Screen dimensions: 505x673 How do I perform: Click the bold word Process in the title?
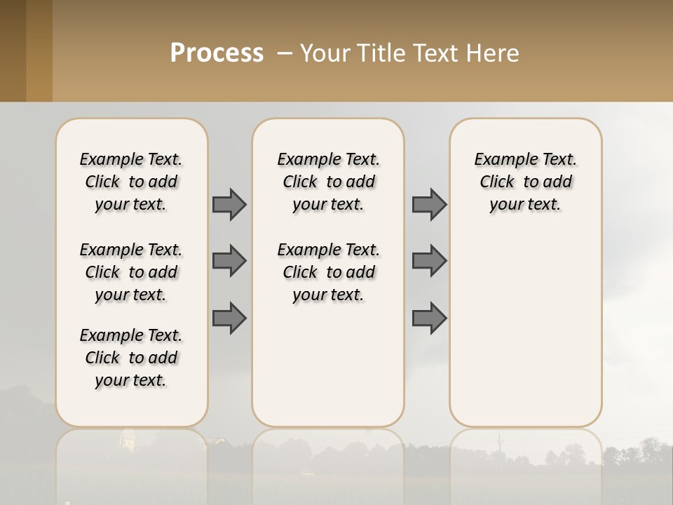click(x=217, y=53)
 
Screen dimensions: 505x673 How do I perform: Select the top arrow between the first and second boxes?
click(x=229, y=204)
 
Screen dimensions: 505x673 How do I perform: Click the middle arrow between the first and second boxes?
click(x=229, y=261)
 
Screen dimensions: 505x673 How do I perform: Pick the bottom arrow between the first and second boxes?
click(x=229, y=318)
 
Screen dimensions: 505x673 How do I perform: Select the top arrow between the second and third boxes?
click(x=429, y=204)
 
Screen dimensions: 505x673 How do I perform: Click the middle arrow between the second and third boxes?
click(x=429, y=261)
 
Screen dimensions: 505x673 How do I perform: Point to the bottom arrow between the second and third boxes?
click(x=429, y=318)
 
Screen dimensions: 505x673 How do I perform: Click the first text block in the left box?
click(x=131, y=182)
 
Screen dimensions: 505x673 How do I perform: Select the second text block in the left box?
click(x=131, y=272)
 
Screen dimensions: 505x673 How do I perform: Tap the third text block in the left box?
click(x=131, y=358)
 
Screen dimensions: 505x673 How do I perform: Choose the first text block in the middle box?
click(x=328, y=182)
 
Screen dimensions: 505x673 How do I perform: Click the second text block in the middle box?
click(x=328, y=272)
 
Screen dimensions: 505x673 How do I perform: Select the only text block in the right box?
click(x=525, y=182)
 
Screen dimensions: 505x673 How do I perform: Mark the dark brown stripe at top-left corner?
click(x=13, y=50)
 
